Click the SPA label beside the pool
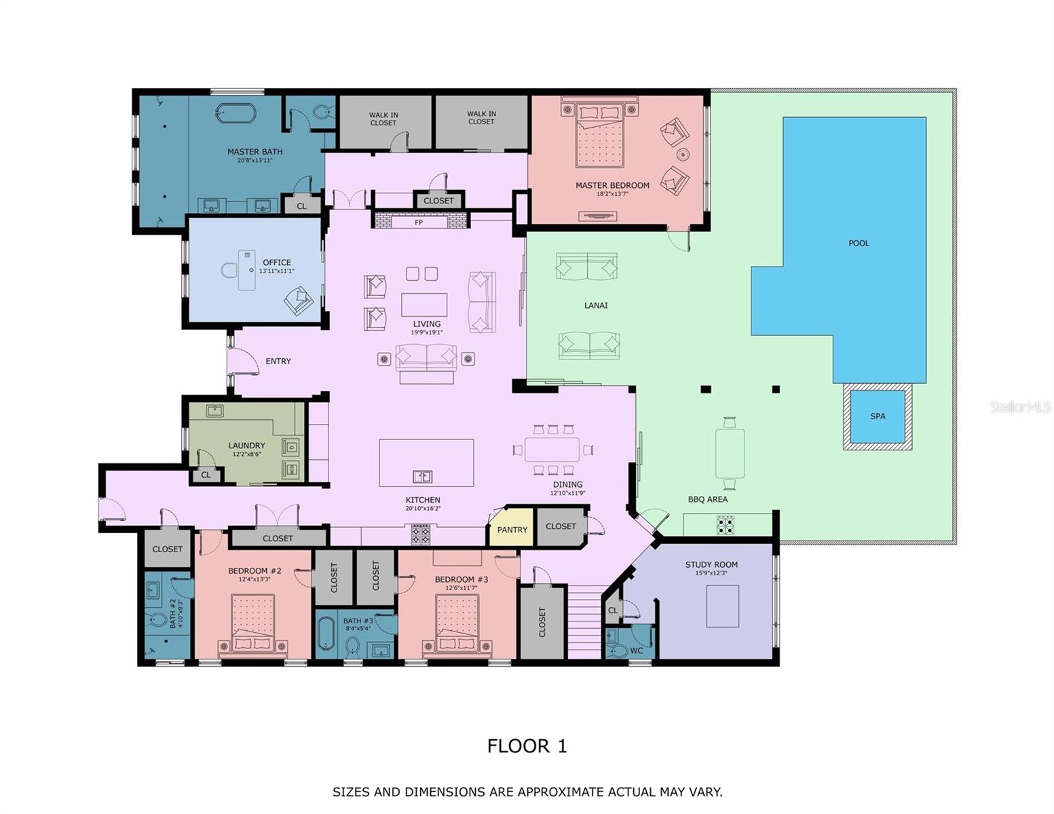click(x=878, y=416)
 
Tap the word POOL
click(x=859, y=244)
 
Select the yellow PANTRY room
click(x=512, y=529)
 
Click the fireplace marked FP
click(x=419, y=222)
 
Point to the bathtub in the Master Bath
click(x=236, y=113)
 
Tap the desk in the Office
click(x=246, y=270)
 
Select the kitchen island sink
click(x=422, y=476)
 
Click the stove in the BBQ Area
click(x=726, y=525)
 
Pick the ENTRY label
click(x=278, y=362)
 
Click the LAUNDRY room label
click(x=246, y=446)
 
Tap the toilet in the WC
click(x=618, y=651)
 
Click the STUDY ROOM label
click(x=711, y=565)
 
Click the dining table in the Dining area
click(x=552, y=450)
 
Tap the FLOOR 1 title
click(x=527, y=746)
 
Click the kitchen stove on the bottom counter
click(x=421, y=535)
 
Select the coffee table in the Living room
click(x=424, y=305)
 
